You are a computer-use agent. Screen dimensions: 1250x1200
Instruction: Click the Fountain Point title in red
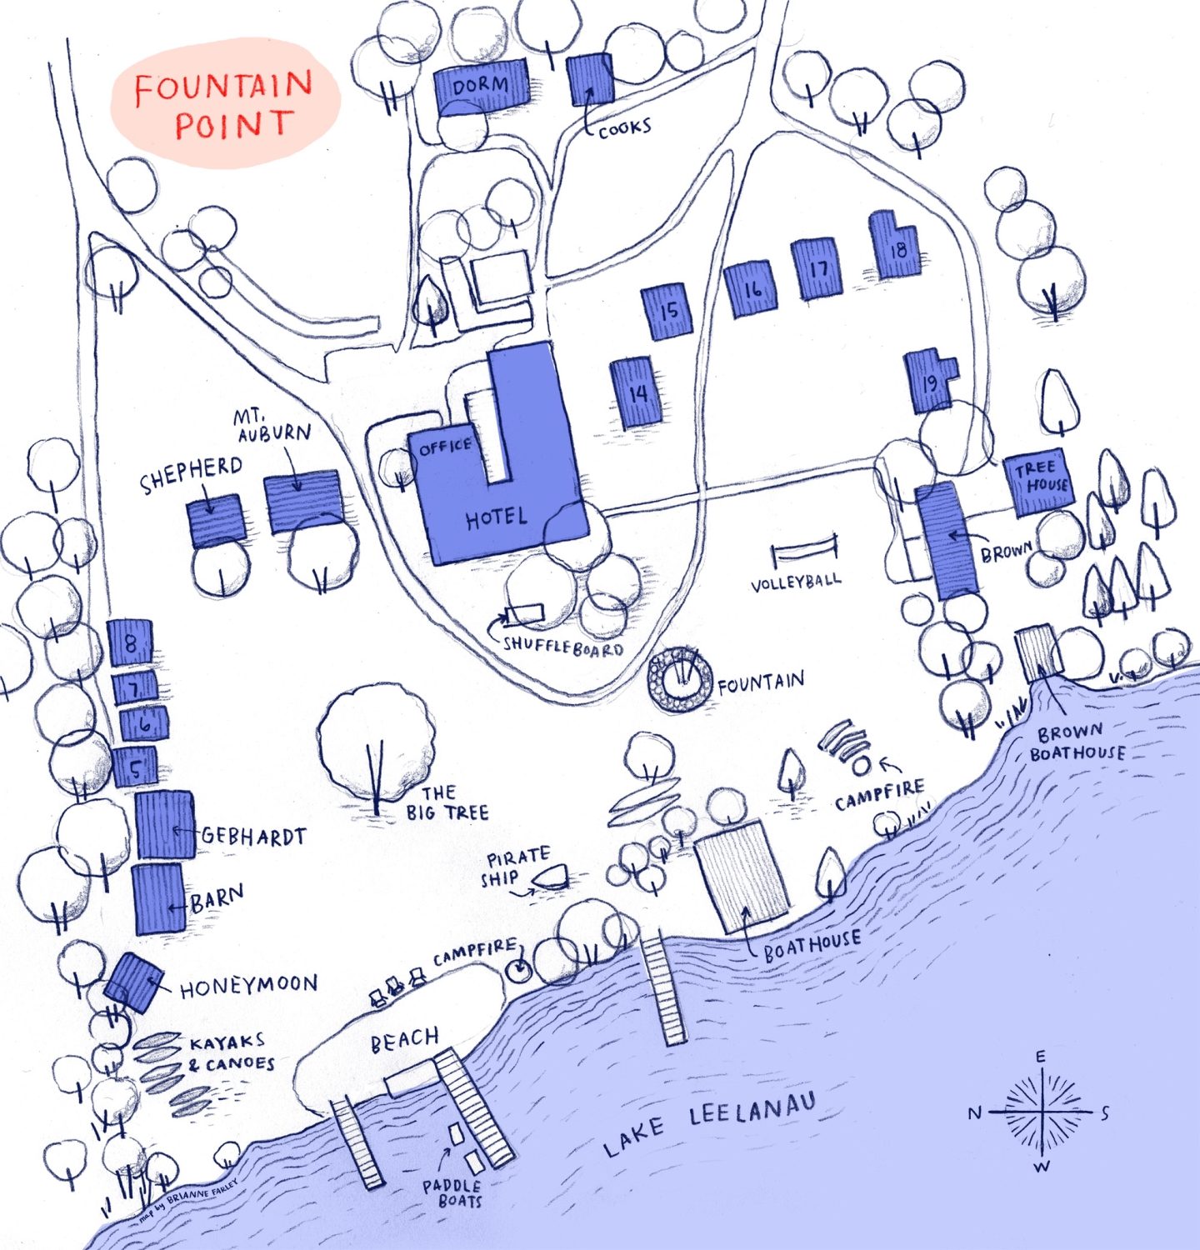(223, 106)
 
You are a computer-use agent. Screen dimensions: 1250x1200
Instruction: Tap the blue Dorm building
(481, 86)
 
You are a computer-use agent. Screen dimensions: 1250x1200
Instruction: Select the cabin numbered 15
(667, 311)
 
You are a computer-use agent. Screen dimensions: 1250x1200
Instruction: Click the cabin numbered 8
(131, 642)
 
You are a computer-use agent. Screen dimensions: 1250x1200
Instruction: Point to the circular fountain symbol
(681, 680)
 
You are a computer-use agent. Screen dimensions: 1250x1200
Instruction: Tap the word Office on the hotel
(445, 447)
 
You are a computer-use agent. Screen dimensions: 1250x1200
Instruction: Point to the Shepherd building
(215, 521)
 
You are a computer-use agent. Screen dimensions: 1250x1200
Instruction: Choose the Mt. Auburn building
(303, 500)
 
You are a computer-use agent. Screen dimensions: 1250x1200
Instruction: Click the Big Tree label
(447, 802)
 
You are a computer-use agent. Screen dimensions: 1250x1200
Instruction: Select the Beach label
(404, 1039)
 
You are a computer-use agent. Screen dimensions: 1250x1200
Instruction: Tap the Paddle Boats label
(452, 1193)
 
